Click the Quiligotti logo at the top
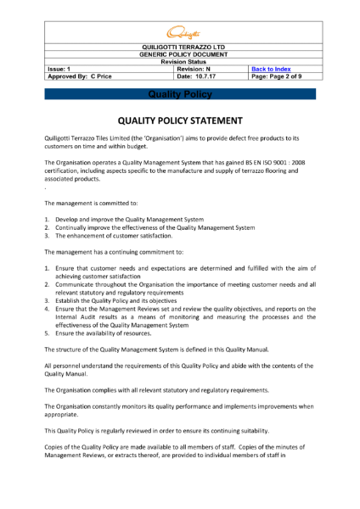[179, 32]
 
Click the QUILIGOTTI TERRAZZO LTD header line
[179, 47]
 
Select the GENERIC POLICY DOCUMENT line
[179, 54]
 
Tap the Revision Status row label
[179, 61]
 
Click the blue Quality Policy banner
[179, 95]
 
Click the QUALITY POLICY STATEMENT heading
[179, 120]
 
